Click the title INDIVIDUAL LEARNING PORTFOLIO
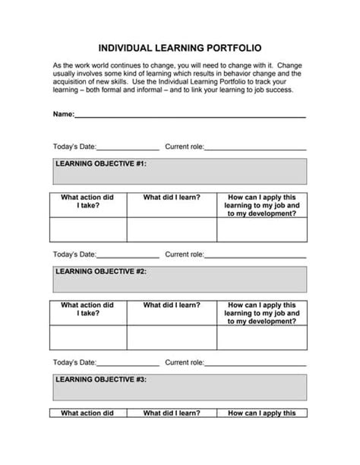click(x=180, y=47)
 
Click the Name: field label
click(x=63, y=114)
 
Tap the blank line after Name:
click(x=190, y=116)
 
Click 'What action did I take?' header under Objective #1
click(x=87, y=201)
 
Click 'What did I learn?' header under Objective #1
click(x=172, y=198)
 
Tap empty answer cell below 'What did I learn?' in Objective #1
click(x=172, y=229)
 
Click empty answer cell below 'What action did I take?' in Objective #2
click(x=88, y=337)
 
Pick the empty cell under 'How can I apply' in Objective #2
click(x=262, y=337)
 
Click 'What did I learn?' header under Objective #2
click(x=172, y=305)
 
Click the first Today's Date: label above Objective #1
click(x=74, y=147)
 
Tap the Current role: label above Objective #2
click(x=185, y=255)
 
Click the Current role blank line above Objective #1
click(x=255, y=149)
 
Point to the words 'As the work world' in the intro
click(x=79, y=66)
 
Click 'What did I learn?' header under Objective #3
click(x=172, y=413)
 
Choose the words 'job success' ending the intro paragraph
click(x=272, y=90)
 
